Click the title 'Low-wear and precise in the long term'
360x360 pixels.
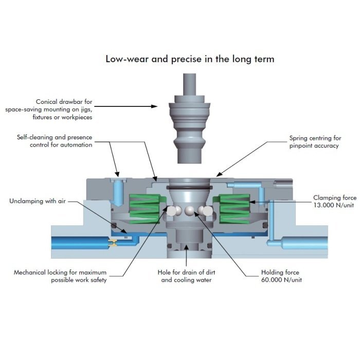[190, 59]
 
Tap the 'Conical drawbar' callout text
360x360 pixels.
[49, 109]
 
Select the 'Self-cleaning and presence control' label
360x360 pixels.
[55, 141]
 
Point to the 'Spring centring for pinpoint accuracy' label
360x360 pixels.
[315, 141]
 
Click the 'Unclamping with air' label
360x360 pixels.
[38, 201]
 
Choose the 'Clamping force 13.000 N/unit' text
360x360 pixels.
[335, 201]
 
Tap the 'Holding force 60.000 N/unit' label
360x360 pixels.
[281, 276]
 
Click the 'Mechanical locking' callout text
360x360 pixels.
[60, 276]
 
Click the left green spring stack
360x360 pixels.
[145, 209]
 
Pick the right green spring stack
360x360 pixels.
[235, 209]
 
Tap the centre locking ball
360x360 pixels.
[190, 210]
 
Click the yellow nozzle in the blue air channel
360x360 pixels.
[113, 243]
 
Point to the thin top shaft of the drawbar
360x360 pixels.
[189, 84]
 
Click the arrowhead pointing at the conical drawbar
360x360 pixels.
[154, 106]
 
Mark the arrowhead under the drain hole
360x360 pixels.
[186, 247]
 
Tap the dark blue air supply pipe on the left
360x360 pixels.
[80, 243]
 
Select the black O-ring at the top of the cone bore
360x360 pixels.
[189, 188]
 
